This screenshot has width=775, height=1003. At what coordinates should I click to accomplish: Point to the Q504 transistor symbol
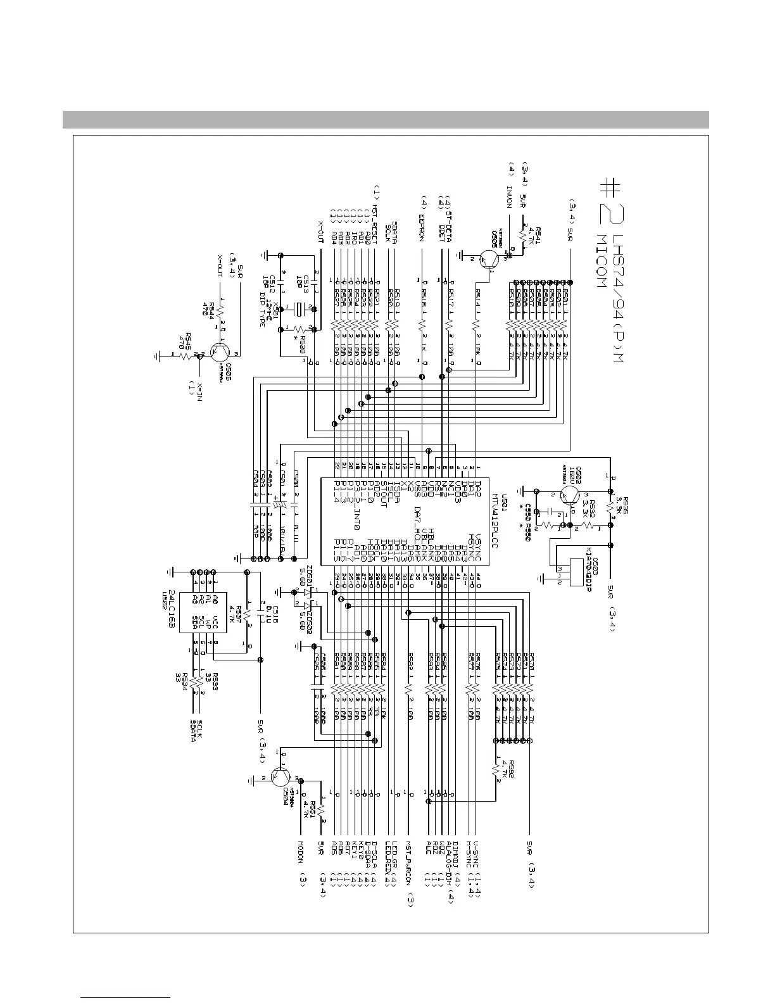(280, 777)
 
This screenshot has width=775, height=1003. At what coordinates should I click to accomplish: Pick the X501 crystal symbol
(298, 310)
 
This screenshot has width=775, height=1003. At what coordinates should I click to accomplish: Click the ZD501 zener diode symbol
(307, 593)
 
